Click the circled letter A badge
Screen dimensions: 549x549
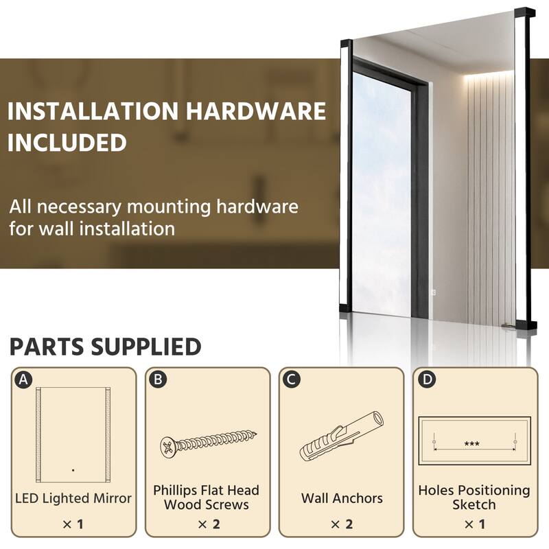[24, 379]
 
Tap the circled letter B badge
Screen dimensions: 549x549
[157, 379]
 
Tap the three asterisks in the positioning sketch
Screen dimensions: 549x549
[471, 444]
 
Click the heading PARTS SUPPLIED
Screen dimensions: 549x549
[106, 347]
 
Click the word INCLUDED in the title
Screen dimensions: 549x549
[68, 142]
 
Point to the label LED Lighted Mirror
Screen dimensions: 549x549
[73, 498]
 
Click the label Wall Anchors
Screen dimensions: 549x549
[342, 498]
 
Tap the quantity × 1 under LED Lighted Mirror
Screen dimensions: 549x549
[73, 524]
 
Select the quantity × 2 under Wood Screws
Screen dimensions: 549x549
[207, 524]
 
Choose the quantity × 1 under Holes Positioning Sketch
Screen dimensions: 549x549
[474, 524]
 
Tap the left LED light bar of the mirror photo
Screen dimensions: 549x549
[345, 178]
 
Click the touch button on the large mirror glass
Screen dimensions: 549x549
[433, 291]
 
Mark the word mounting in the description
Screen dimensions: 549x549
[171, 207]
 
